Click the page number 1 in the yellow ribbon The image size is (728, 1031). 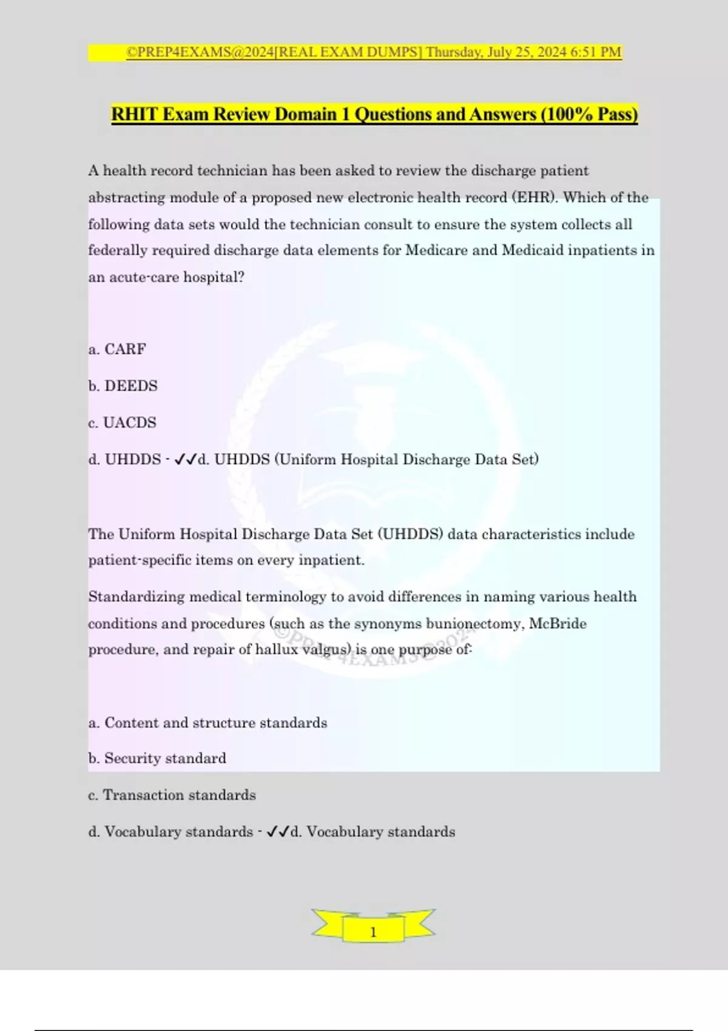coord(373,932)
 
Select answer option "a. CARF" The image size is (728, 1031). coord(117,349)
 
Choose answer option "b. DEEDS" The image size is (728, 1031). coord(123,386)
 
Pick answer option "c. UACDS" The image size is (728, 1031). coord(122,423)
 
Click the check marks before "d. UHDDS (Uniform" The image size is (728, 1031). coord(185,460)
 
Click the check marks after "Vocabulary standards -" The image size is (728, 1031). coord(277,831)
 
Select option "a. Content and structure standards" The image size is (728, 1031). coord(207,723)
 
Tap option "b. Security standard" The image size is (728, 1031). coord(157,759)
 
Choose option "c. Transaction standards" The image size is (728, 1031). coord(172,795)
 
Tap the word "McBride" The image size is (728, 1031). coord(558,623)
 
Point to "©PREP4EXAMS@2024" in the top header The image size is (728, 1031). coord(200,52)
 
